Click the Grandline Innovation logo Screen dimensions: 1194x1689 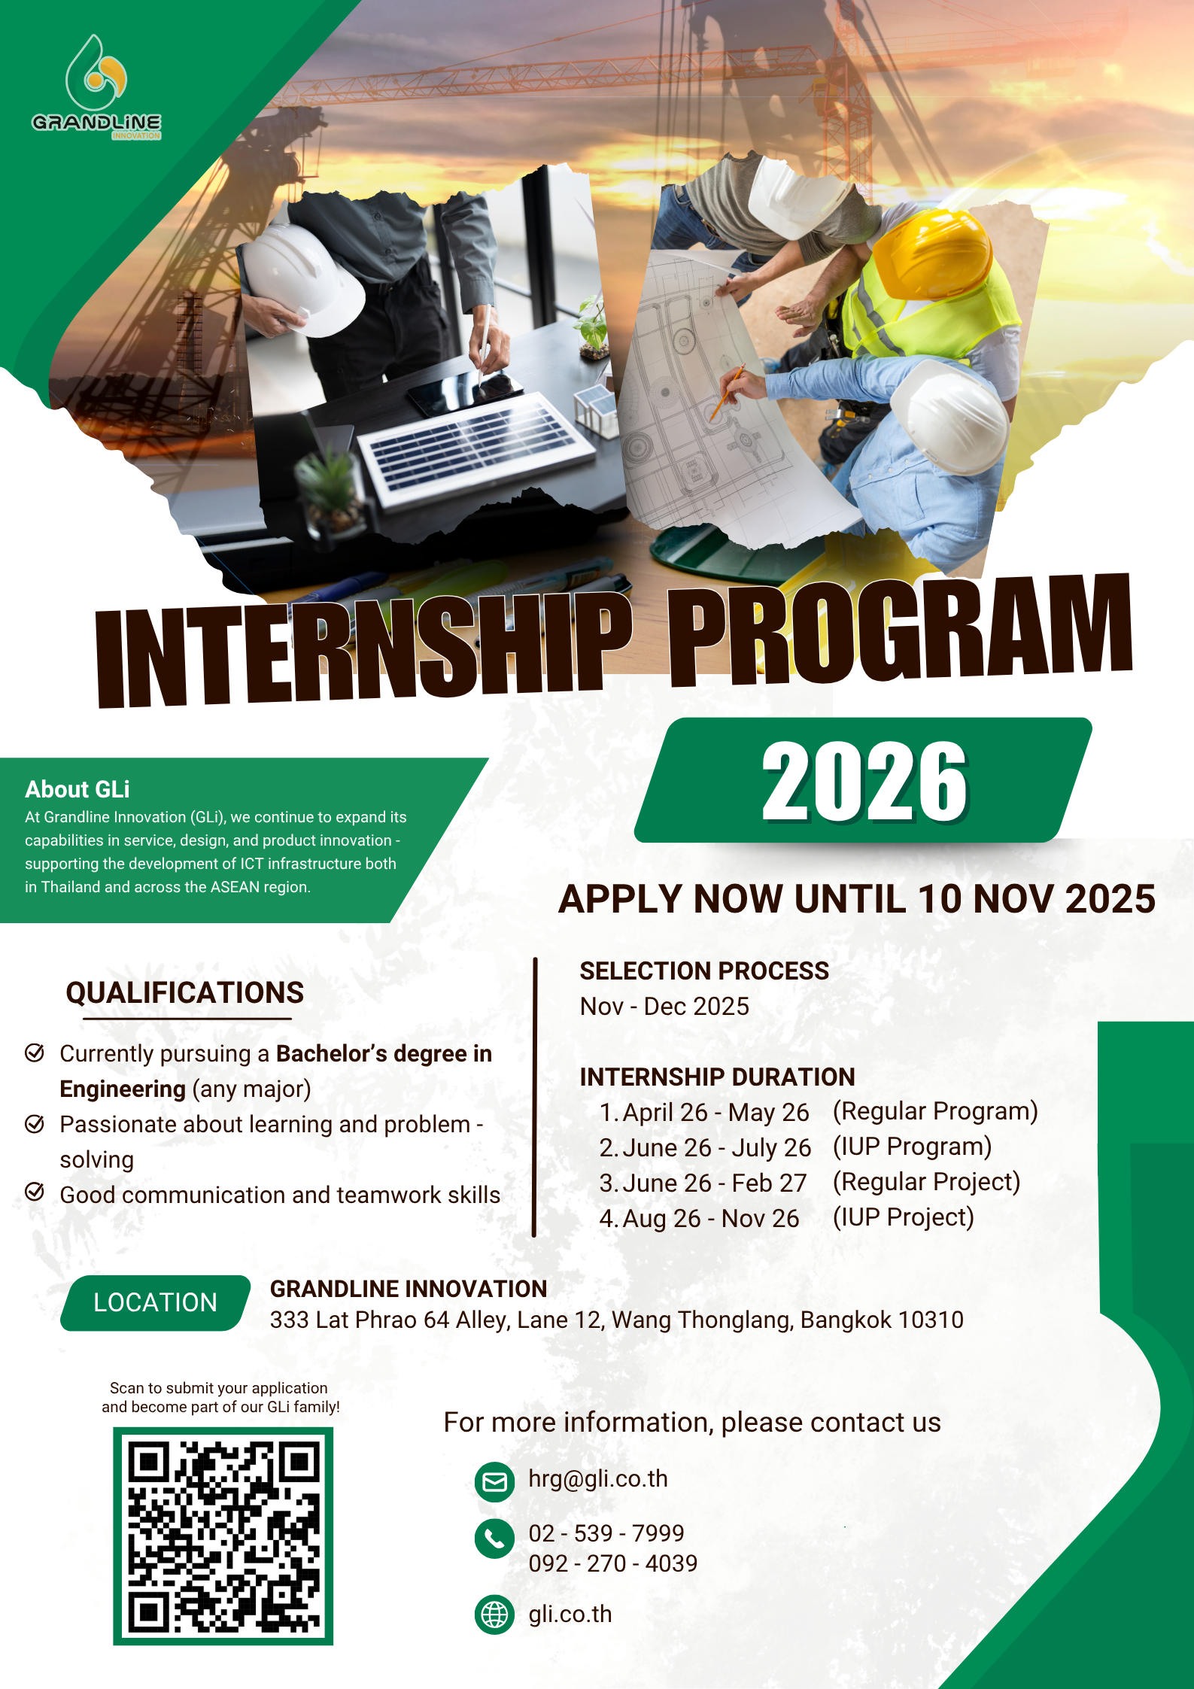[96, 87]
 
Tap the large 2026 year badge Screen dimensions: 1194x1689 [863, 780]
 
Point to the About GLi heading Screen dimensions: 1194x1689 [77, 789]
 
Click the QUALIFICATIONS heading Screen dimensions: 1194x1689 [185, 992]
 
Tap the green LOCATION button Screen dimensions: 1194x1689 [155, 1302]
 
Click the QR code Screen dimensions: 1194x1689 [223, 1536]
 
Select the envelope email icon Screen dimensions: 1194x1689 [494, 1481]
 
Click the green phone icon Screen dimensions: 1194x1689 [494, 1539]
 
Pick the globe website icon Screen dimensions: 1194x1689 [494, 1615]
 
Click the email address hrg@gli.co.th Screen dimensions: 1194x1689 [598, 1479]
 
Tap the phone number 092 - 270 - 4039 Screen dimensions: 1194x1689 [613, 1563]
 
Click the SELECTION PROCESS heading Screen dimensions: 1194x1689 [704, 971]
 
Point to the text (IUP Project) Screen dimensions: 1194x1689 [904, 1217]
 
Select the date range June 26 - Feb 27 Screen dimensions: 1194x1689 [714, 1183]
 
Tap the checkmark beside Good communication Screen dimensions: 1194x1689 [35, 1192]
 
